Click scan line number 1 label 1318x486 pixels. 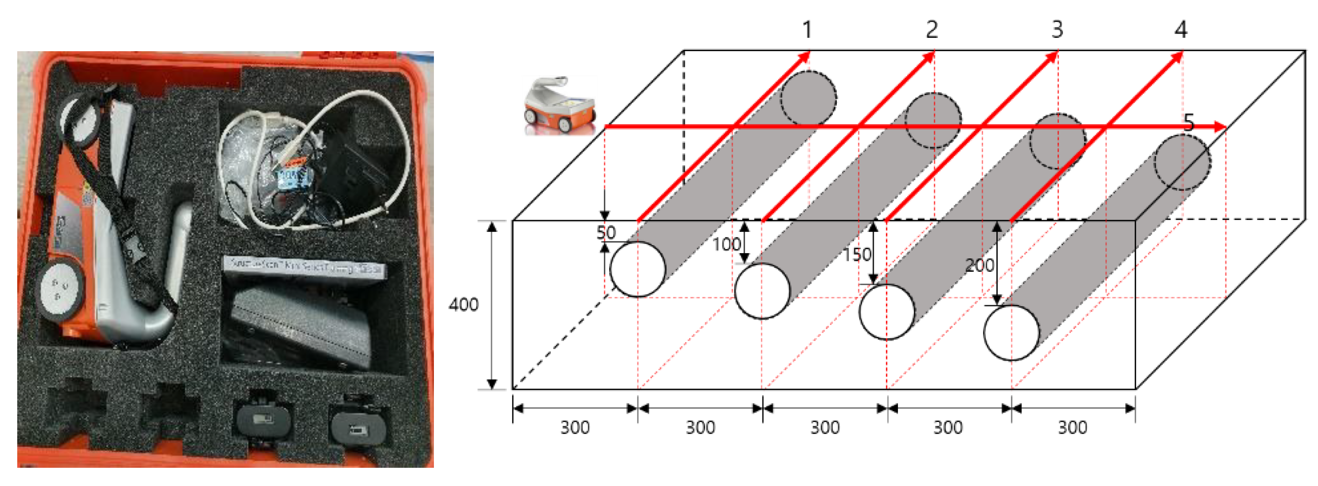pos(807,30)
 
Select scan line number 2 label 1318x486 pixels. pos(932,30)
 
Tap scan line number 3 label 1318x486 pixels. pos(1057,30)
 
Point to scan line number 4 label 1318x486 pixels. pos(1181,30)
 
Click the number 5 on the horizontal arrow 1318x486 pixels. pos(1188,122)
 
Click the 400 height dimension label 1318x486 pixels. pos(463,305)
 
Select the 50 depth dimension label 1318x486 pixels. pos(606,233)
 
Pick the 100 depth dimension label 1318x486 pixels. pos(726,245)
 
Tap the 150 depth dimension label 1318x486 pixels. pos(857,255)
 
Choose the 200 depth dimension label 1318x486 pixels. pos(979,265)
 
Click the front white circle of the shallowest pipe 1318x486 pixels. pos(637,270)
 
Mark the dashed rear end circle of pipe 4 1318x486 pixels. pos(1182,162)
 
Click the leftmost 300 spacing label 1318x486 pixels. pos(575,428)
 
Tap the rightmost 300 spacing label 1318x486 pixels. pos(1072,428)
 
